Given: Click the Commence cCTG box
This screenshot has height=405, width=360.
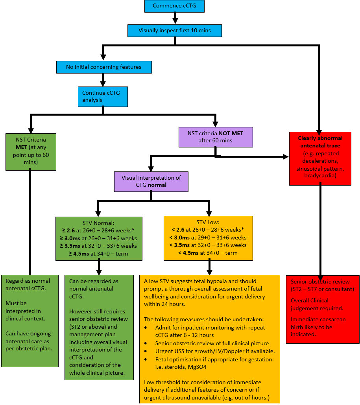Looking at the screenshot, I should click(x=175, y=6).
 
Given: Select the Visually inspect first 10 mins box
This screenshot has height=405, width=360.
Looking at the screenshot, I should click(x=175, y=30).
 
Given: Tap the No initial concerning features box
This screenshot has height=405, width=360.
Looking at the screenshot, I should click(x=103, y=67).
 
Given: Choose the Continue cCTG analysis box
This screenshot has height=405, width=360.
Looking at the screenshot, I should click(x=103, y=96).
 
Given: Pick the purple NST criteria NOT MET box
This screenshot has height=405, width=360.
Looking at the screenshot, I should click(x=215, y=137).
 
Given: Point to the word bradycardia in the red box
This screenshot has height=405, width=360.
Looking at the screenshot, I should click(x=319, y=176).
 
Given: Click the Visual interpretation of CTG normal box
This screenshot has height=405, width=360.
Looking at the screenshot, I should click(x=151, y=181).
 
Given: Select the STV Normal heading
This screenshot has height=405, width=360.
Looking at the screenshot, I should click(x=98, y=223).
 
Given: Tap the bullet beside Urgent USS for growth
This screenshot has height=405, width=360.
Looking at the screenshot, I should click(x=146, y=351).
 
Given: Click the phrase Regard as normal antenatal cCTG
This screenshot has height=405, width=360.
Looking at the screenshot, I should click(x=28, y=285).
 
